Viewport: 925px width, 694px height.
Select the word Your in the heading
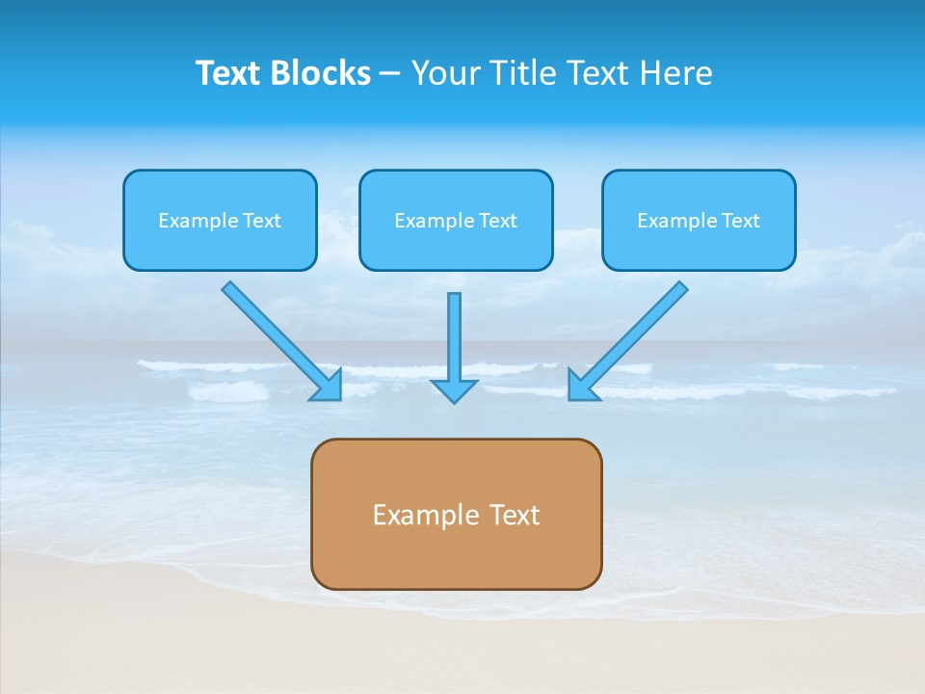pos(444,73)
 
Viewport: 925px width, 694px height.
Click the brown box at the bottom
pos(456,559)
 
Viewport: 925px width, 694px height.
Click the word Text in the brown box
pos(515,516)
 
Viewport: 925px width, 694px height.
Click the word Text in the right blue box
pos(741,221)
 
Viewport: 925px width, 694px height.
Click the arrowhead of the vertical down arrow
pos(454,390)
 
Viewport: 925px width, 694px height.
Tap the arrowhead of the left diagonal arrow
pos(330,387)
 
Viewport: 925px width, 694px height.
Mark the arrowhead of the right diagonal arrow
pos(580,387)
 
